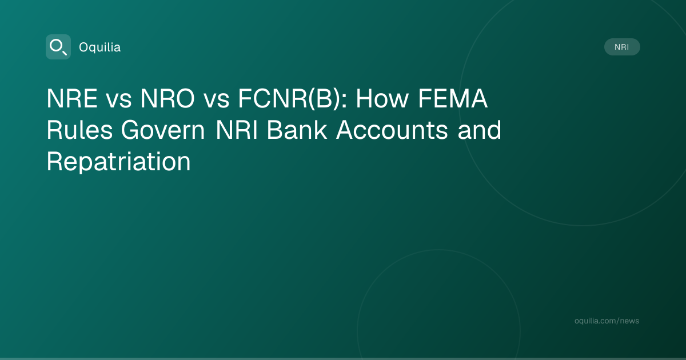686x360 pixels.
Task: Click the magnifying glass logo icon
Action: click(x=58, y=47)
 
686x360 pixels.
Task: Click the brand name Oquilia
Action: click(x=100, y=47)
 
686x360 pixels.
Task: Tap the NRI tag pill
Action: click(x=622, y=47)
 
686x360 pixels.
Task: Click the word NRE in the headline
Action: click(x=72, y=98)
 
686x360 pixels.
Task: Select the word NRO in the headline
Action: click(x=167, y=98)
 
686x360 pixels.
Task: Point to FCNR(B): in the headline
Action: click(x=293, y=98)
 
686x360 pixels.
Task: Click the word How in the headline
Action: click(x=382, y=98)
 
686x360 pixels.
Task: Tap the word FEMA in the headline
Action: click(x=453, y=98)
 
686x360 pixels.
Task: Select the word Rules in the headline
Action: click(x=79, y=130)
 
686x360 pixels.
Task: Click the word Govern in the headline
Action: click(x=163, y=130)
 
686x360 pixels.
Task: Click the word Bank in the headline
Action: click(x=297, y=130)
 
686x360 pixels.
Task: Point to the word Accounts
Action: click(x=392, y=130)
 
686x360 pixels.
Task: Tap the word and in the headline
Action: click(x=479, y=130)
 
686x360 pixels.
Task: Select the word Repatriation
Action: click(x=118, y=162)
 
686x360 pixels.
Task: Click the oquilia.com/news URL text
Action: click(x=607, y=321)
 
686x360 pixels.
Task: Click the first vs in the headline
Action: click(x=119, y=101)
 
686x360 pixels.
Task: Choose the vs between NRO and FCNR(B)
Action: click(x=217, y=101)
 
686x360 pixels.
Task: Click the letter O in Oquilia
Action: click(x=84, y=47)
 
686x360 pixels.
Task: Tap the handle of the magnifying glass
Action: click(x=65, y=53)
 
